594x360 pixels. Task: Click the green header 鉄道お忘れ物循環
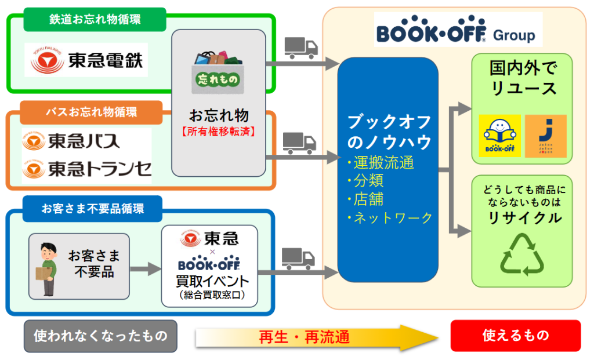[95, 20]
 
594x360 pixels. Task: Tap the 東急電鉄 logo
[86, 59]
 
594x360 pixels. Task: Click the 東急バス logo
[72, 141]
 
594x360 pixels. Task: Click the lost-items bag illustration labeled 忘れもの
[218, 74]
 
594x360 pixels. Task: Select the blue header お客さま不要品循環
[92, 209]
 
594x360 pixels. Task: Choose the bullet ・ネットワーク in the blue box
[390, 218]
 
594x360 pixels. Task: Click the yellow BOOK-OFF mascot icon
[499, 136]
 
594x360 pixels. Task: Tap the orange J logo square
[545, 136]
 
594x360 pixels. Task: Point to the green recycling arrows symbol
[521, 253]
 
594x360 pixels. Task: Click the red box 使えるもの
[515, 335]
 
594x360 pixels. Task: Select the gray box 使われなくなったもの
[100, 336]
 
